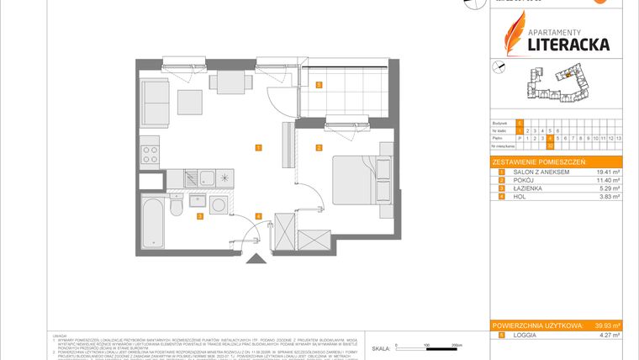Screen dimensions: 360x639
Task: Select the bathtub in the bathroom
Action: tap(153, 214)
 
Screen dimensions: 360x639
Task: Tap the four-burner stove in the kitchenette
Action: tap(150, 153)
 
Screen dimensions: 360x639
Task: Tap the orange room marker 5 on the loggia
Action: tap(319, 85)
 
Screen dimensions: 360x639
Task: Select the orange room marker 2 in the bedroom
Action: tap(319, 148)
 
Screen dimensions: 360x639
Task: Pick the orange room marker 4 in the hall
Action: tap(258, 217)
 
